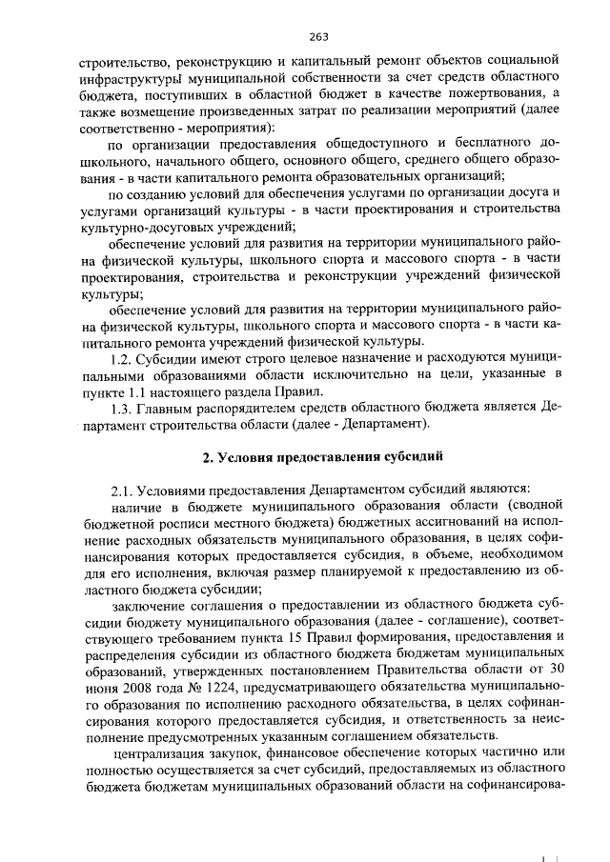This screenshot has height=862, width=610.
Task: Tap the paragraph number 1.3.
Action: (126, 405)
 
